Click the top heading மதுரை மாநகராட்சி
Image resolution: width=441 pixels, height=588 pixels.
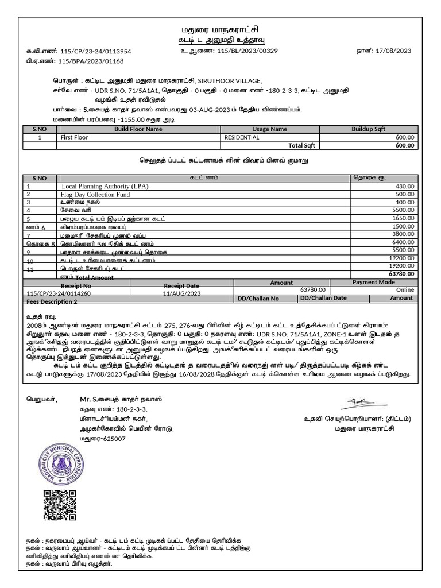pyautogui.click(x=220, y=29)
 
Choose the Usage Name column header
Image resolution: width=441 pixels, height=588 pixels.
pyautogui.click(x=269, y=130)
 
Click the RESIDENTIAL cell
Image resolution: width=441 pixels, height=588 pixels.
pyautogui.click(x=242, y=138)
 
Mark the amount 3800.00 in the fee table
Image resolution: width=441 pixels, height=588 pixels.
pyautogui.click(x=402, y=234)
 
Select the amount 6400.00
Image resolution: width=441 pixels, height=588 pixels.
pyautogui.click(x=402, y=243)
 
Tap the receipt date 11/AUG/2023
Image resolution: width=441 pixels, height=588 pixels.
pyautogui.click(x=181, y=293)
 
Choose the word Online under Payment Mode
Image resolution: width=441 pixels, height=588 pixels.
pyautogui.click(x=404, y=290)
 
